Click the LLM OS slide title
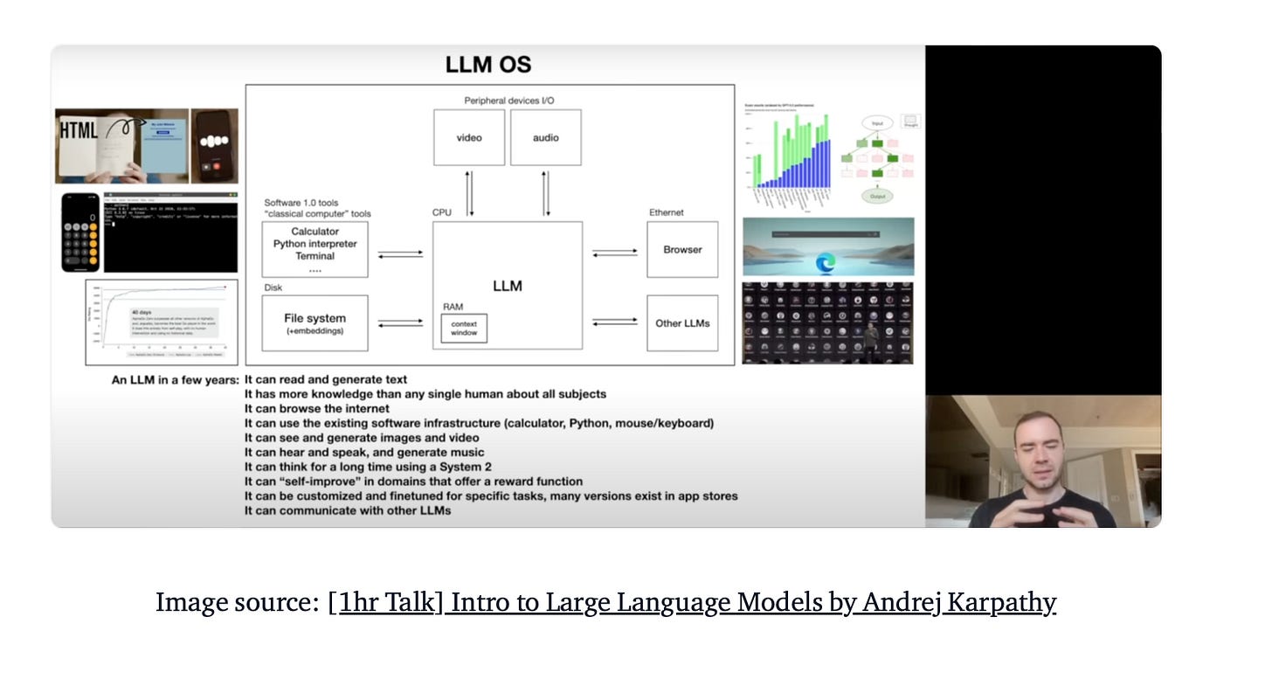487,65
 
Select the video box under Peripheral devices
469,137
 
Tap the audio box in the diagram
545,137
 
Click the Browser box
682,249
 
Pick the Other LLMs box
682,323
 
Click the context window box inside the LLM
464,329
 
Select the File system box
315,322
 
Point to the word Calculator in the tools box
315,232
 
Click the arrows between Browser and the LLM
615,253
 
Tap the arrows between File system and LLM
400,322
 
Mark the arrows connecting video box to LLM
470,193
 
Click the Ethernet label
666,212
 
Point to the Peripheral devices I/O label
508,100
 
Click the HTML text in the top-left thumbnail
79,131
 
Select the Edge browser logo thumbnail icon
826,261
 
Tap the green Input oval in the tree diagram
877,123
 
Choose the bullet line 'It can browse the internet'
317,408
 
